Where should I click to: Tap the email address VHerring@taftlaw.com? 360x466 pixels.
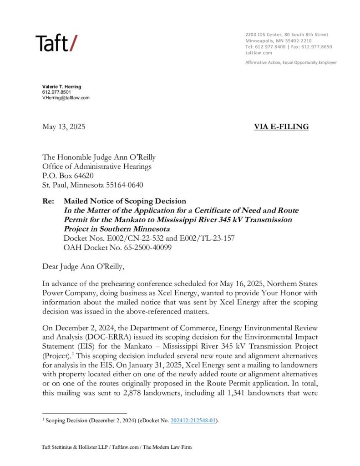[x=66, y=98]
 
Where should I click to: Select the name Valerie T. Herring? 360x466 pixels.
[x=61, y=86]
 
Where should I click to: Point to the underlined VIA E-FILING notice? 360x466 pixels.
[x=281, y=127]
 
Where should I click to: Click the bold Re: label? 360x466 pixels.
[x=48, y=201]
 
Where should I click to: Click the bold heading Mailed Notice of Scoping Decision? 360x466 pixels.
[x=125, y=201]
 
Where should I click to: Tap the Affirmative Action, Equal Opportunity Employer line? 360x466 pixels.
[x=291, y=62]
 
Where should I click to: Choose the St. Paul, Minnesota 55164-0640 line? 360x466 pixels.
[x=99, y=184]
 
